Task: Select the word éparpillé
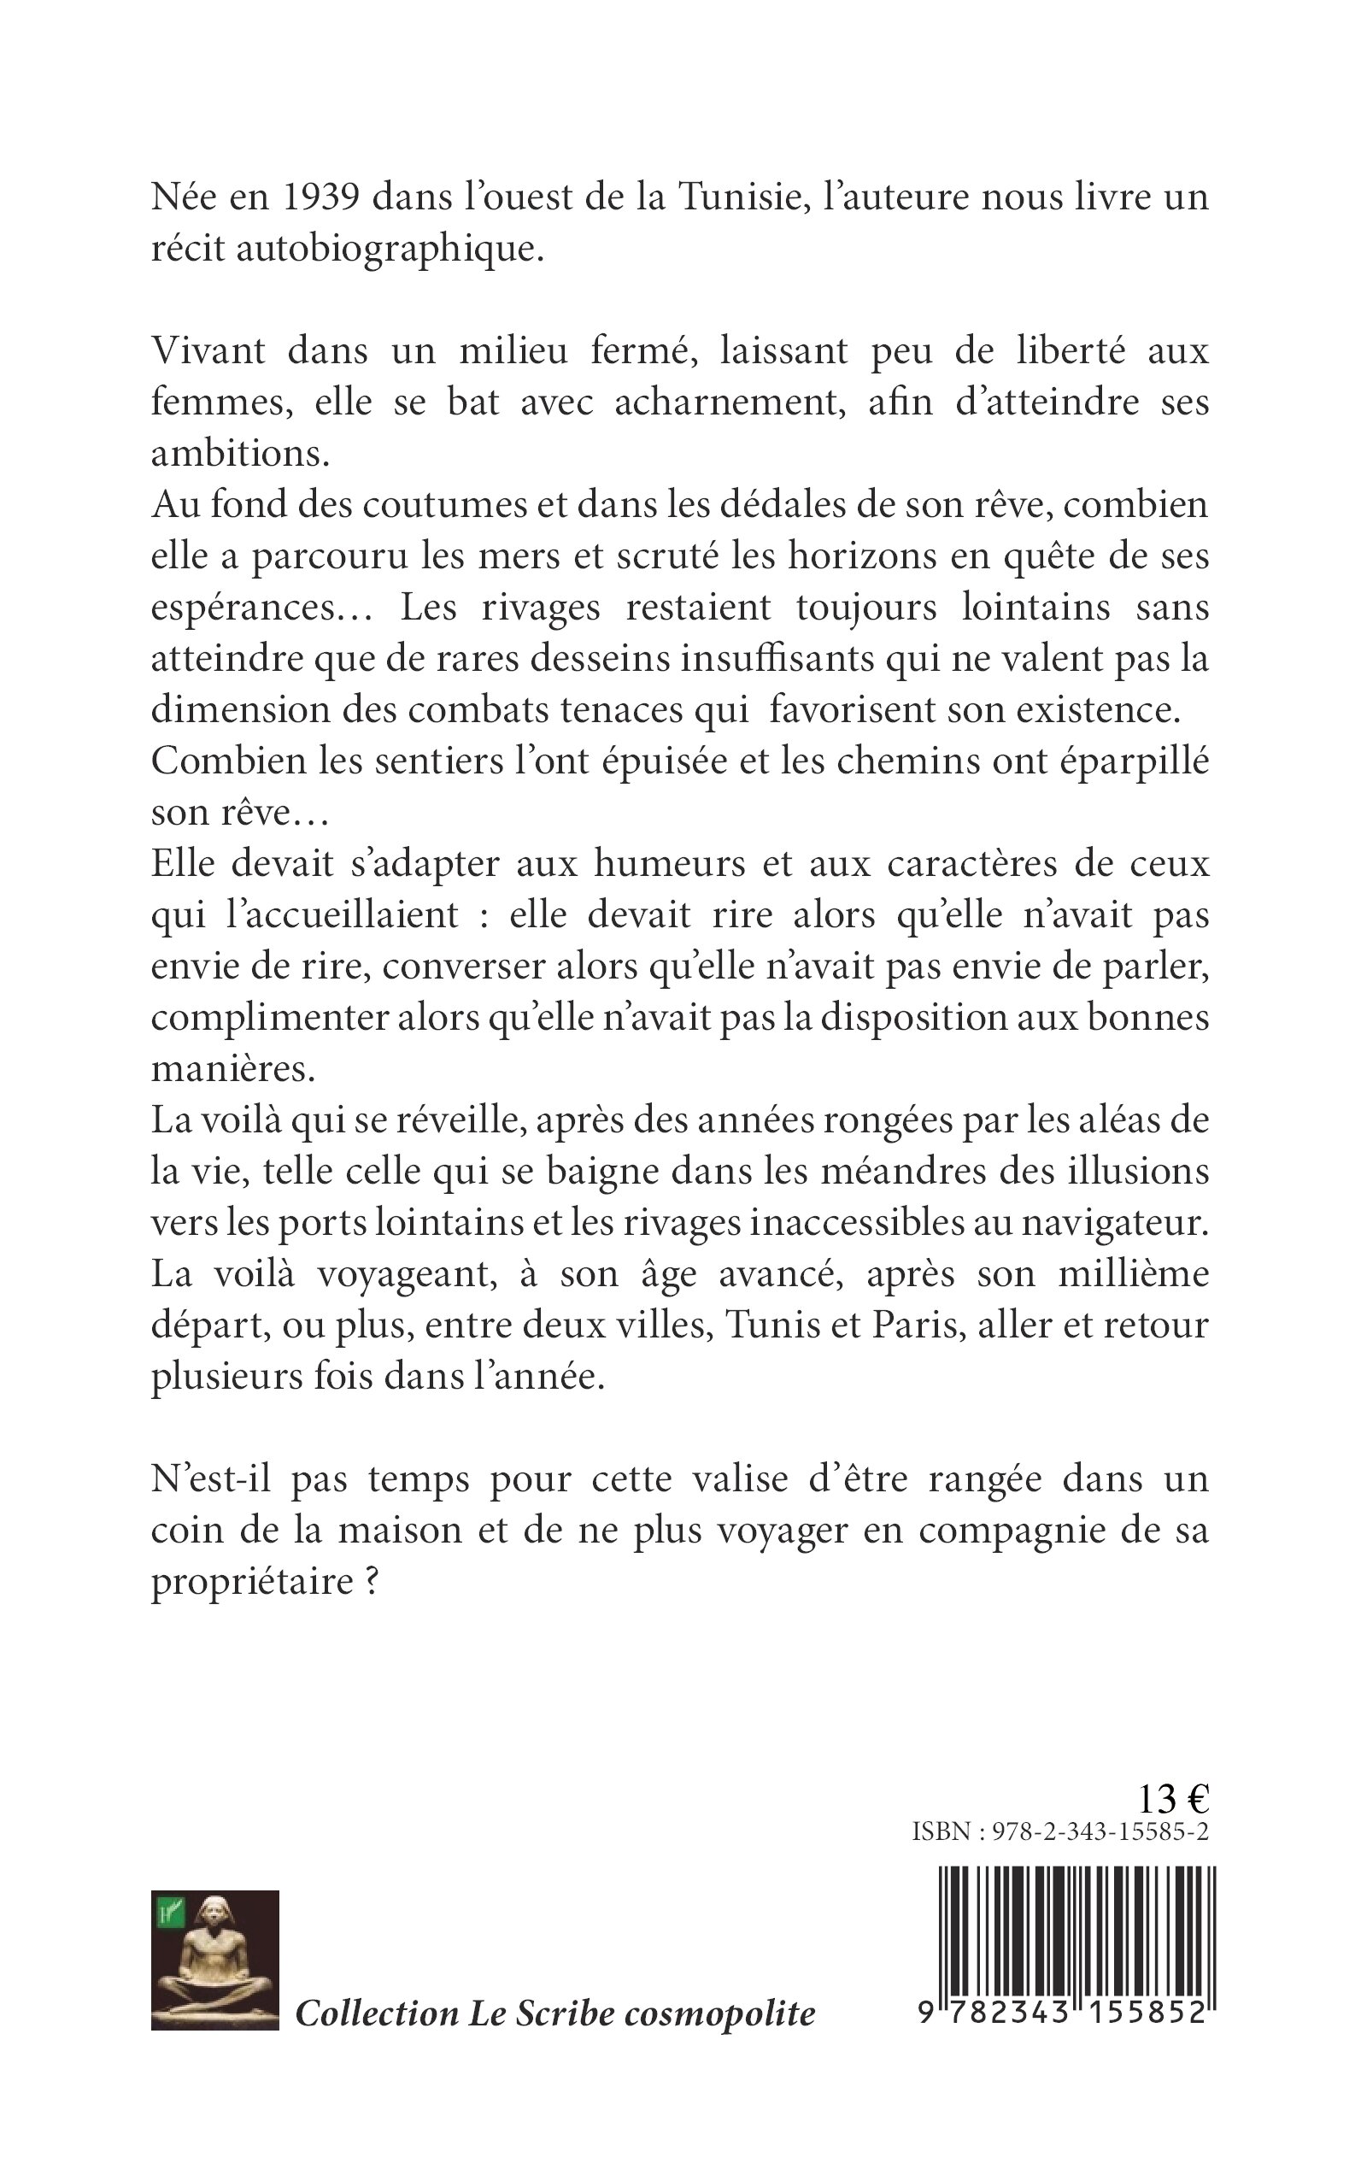click(1137, 762)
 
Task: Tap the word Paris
click(913, 1326)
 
